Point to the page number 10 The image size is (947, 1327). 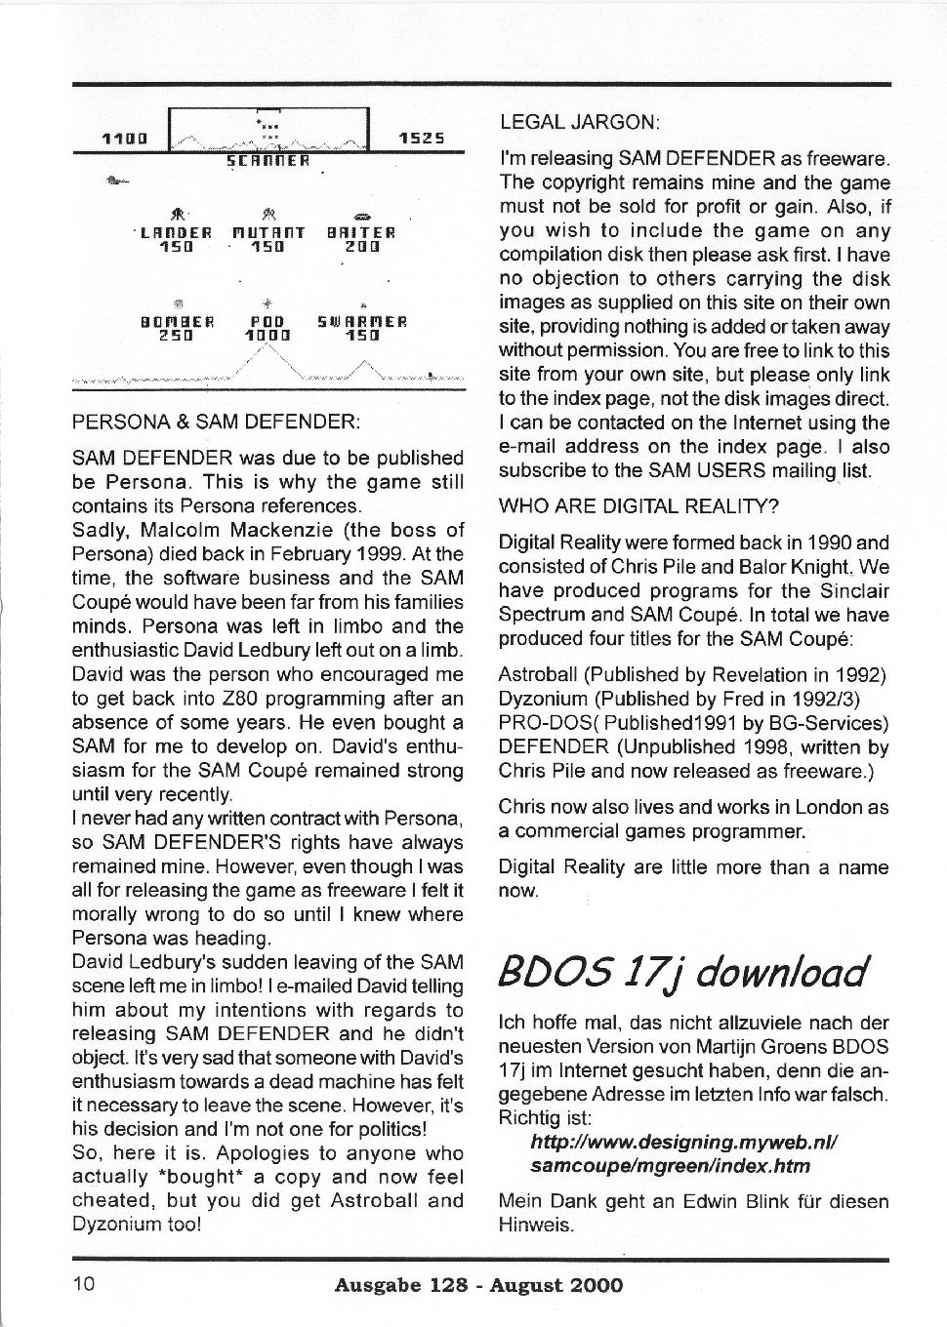(84, 1283)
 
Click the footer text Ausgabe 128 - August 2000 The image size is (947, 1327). (478, 1285)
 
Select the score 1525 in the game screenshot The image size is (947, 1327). (422, 140)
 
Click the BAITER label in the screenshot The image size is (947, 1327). (360, 234)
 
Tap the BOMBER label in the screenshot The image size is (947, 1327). (177, 321)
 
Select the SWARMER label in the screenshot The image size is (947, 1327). (362, 321)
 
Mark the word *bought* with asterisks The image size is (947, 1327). (195, 1178)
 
